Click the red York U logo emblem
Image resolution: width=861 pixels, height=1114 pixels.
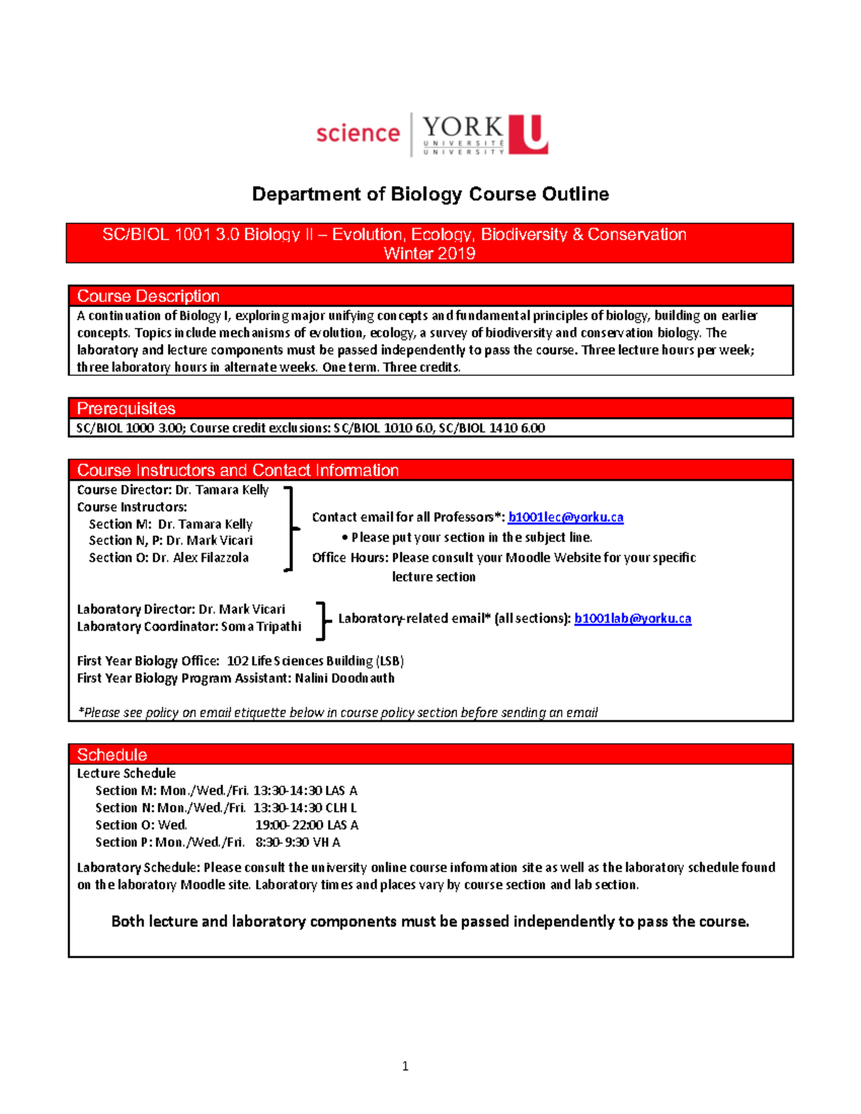(529, 134)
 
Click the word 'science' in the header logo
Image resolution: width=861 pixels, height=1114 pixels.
(357, 133)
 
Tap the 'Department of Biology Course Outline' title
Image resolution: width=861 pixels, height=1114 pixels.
(430, 194)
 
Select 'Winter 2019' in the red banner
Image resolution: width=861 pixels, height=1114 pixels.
(429, 253)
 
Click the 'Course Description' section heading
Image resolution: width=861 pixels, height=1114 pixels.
(148, 296)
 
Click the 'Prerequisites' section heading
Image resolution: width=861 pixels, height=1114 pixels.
(126, 409)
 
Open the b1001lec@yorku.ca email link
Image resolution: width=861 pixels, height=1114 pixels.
(565, 517)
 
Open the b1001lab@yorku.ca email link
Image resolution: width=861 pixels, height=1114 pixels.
(632, 618)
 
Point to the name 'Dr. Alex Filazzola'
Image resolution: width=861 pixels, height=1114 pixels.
(200, 557)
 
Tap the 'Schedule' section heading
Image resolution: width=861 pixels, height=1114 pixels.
(112, 755)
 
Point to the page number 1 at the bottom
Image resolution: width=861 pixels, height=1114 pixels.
(405, 1066)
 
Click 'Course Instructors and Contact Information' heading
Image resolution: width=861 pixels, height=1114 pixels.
(237, 471)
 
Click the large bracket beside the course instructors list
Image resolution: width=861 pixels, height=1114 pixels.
(290, 528)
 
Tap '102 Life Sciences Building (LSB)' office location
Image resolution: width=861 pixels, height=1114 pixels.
(315, 661)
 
